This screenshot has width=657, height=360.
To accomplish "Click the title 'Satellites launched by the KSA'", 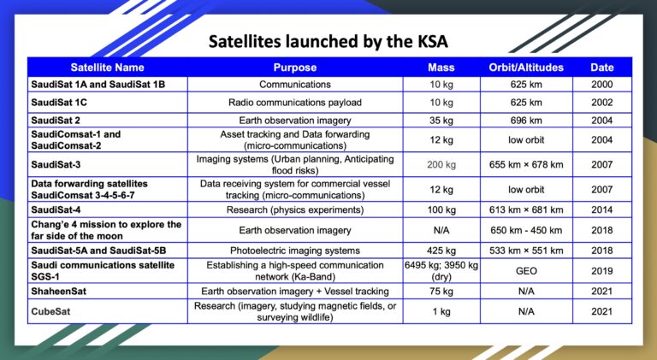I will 328,42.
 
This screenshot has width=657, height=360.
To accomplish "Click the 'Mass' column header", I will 441,68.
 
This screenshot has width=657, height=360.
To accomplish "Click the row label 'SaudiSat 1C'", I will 61,102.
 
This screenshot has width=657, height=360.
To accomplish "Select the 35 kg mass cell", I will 441,120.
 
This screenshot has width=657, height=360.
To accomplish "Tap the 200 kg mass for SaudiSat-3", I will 441,162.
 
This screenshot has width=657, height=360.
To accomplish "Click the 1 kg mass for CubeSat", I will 441,312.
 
